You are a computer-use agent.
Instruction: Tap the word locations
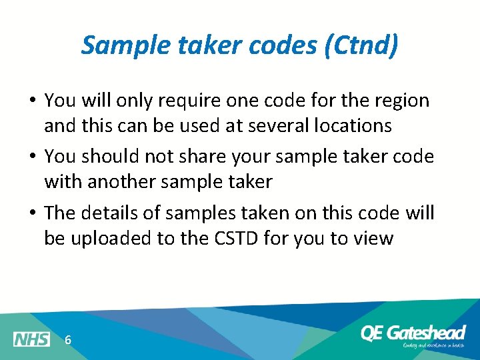click(347, 125)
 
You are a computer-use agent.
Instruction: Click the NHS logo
click(31, 339)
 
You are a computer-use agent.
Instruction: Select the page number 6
click(68, 340)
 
